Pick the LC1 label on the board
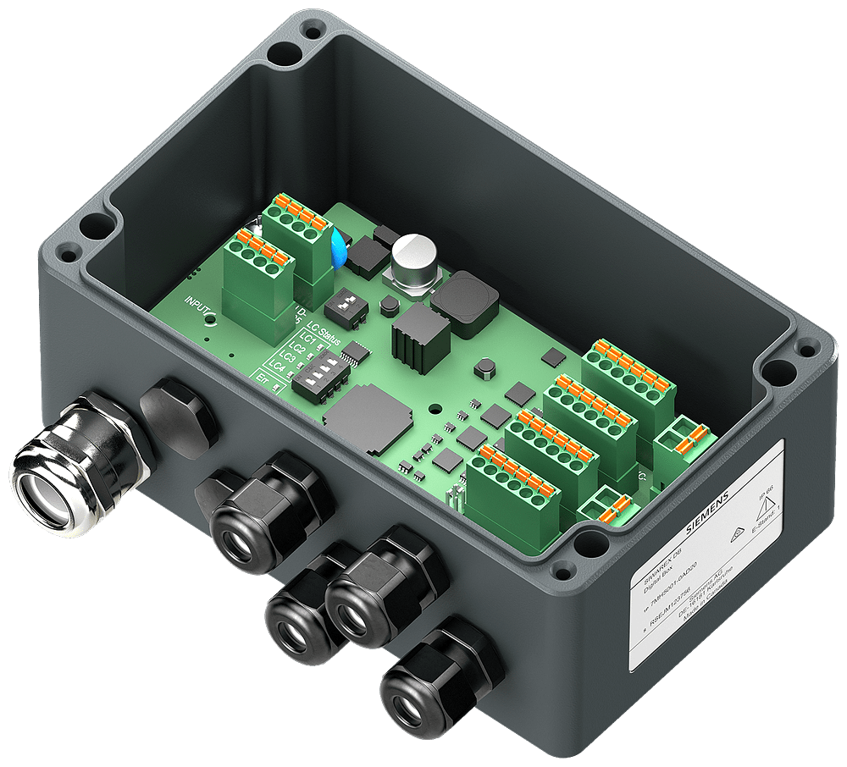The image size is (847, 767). (x=308, y=339)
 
